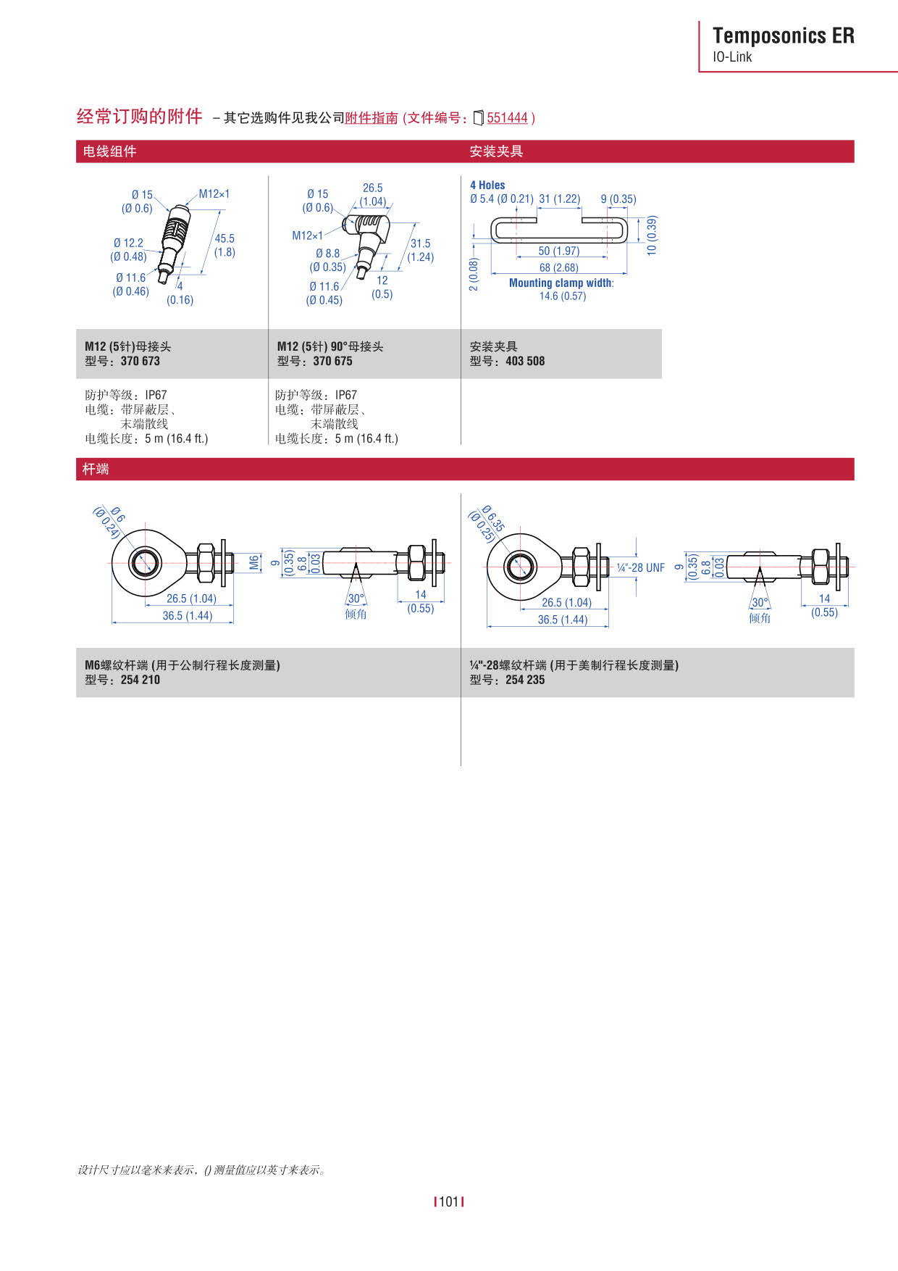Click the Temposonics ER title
pyautogui.click(x=783, y=36)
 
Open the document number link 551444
pyautogui.click(x=507, y=118)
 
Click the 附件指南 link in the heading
pyautogui.click(x=372, y=118)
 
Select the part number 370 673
pyautogui.click(x=140, y=361)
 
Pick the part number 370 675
pyautogui.click(x=332, y=361)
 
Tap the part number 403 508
pyautogui.click(x=525, y=361)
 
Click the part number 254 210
pyautogui.click(x=140, y=680)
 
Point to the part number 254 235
pyautogui.click(x=525, y=680)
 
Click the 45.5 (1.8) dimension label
pyautogui.click(x=224, y=245)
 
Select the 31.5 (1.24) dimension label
pyautogui.click(x=420, y=250)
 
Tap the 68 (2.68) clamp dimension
pyautogui.click(x=558, y=267)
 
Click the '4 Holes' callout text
pyautogui.click(x=487, y=186)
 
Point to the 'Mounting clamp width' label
pyautogui.click(x=561, y=283)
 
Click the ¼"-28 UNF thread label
pyautogui.click(x=640, y=568)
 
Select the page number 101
pyautogui.click(x=449, y=1201)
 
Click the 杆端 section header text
pyautogui.click(x=96, y=469)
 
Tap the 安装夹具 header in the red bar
pyautogui.click(x=496, y=151)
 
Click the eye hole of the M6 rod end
pyautogui.click(x=145, y=563)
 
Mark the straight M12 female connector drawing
pyautogui.click(x=173, y=239)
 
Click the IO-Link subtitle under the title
pyautogui.click(x=732, y=57)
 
